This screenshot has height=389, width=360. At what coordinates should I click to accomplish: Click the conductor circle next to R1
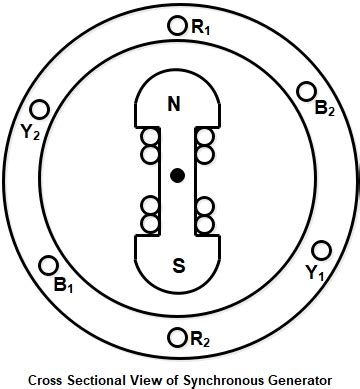178,26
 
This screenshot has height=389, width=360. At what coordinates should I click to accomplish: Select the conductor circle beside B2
307,91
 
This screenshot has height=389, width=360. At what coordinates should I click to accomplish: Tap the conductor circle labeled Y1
322,250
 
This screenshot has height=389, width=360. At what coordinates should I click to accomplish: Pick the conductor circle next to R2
178,336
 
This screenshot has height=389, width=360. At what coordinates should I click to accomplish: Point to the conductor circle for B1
46,265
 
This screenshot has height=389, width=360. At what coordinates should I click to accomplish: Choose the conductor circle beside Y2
40,108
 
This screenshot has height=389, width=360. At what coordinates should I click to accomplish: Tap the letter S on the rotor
178,266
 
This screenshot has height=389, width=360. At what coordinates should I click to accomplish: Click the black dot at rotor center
178,176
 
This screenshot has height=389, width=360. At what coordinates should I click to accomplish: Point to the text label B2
325,109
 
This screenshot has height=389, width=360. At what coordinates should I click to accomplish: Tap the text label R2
200,340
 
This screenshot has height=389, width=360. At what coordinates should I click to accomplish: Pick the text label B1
64,286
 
